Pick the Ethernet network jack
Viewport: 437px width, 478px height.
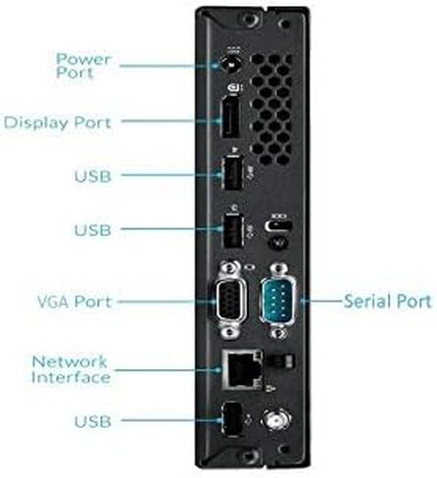[242, 369]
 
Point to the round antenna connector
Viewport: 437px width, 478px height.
[277, 419]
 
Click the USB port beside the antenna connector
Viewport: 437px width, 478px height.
[231, 419]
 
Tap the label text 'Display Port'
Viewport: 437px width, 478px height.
[58, 123]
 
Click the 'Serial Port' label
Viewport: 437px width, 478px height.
[388, 301]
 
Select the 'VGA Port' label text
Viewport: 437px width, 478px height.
[74, 302]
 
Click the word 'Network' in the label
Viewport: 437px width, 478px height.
[70, 361]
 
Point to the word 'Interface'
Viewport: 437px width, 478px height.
[71, 377]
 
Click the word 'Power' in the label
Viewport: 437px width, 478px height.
[83, 59]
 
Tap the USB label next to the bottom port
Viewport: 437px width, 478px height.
[93, 421]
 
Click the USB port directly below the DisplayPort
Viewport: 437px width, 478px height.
[233, 173]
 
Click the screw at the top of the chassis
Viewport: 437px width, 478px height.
[251, 19]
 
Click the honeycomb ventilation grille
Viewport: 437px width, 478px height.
[270, 110]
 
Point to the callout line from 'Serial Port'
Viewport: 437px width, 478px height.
[321, 301]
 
